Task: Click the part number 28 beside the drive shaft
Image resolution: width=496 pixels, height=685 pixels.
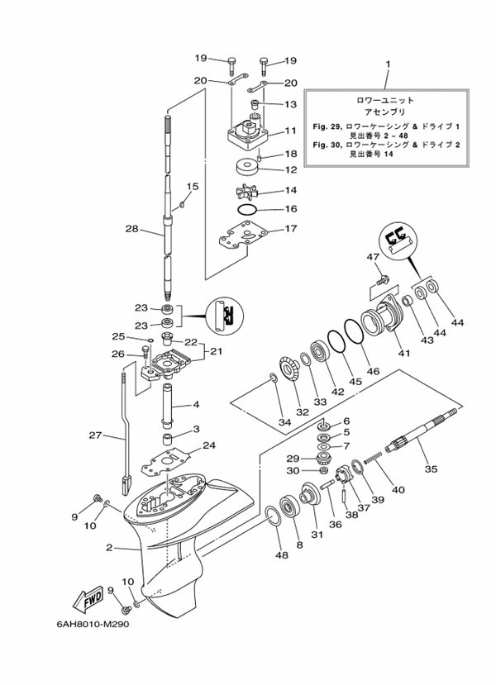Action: [x=132, y=229]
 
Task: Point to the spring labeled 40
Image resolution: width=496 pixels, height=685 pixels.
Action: [x=373, y=458]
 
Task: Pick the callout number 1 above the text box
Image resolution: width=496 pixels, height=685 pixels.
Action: [x=388, y=64]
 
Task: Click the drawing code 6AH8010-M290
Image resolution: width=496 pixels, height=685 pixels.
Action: [x=93, y=624]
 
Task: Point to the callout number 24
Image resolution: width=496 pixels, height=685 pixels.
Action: [x=209, y=445]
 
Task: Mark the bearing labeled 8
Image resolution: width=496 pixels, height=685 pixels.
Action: [x=289, y=507]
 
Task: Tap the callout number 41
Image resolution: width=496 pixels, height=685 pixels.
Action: [x=404, y=353]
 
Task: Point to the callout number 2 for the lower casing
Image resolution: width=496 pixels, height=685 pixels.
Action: [x=109, y=547]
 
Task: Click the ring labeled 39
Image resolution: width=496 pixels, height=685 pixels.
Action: [x=357, y=467]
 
